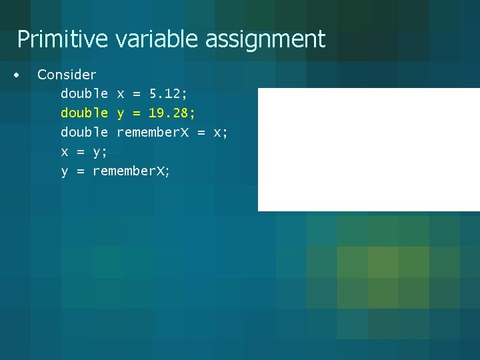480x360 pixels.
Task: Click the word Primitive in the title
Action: coord(62,39)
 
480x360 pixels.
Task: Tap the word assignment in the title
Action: coord(265,39)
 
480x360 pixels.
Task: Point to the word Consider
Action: coord(67,75)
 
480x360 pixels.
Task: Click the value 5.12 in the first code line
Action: coord(168,94)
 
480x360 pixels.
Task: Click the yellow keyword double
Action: coord(84,113)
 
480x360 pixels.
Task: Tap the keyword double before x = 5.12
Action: coord(84,94)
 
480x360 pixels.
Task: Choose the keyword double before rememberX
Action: coord(84,133)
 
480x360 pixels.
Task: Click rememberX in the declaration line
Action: coord(153,133)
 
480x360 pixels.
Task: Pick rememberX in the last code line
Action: coord(131,171)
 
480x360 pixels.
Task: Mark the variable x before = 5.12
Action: coord(120,94)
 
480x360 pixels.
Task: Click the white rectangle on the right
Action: coord(368,149)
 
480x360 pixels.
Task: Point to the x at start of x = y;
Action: coord(65,152)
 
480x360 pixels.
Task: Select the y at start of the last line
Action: coord(65,172)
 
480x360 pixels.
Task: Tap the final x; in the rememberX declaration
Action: coord(220,133)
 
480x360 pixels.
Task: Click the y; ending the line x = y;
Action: coord(100,153)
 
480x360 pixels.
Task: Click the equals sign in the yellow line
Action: coord(136,113)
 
